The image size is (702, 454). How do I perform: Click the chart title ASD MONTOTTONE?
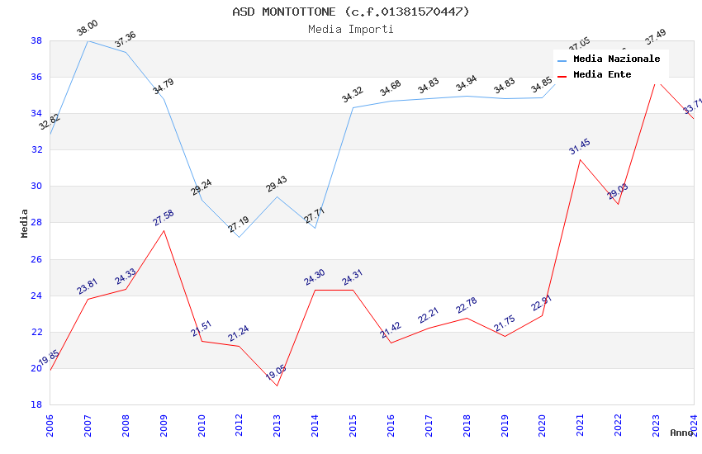[350, 12]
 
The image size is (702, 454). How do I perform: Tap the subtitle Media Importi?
[350, 29]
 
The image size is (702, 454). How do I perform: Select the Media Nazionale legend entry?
[616, 59]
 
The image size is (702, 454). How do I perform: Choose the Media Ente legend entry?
[602, 75]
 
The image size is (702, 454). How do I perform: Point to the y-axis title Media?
[25, 223]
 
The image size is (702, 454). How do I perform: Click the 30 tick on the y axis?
[36, 187]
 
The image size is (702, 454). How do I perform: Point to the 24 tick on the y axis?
[36, 296]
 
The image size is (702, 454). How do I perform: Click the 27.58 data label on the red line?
[164, 218]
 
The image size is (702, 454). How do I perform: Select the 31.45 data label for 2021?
[580, 147]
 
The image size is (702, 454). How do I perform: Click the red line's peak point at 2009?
[164, 230]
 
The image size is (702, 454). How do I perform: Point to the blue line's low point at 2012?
[239, 237]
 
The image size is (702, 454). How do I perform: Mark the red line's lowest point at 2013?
[277, 385]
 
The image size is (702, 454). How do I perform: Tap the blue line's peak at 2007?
[88, 40]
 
